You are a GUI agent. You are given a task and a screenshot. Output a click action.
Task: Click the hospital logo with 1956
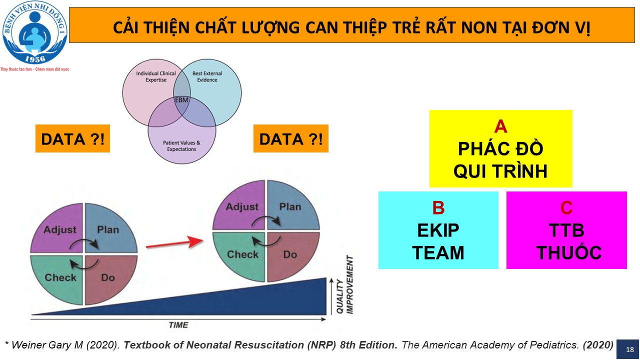(35, 32)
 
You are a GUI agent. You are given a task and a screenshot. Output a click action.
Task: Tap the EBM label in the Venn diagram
(181, 100)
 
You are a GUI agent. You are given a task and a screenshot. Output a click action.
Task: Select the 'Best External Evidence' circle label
(207, 76)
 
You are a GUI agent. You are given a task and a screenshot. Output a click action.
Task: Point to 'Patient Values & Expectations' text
(181, 145)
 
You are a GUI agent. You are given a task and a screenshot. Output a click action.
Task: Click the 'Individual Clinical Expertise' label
(156, 76)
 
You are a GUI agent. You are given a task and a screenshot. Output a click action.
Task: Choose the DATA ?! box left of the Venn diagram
(72, 138)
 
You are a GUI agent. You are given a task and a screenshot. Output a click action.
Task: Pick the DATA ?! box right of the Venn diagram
(291, 138)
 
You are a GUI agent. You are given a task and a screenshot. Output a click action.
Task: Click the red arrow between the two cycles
(174, 243)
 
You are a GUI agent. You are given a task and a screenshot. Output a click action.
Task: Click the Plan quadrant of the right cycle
(293, 205)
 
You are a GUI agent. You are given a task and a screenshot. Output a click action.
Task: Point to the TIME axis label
(178, 325)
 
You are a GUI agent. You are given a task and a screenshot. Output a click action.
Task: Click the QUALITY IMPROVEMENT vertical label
(345, 285)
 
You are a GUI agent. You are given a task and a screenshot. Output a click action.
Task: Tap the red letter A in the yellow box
(500, 126)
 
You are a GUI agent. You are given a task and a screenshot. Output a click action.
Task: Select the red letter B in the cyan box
(438, 207)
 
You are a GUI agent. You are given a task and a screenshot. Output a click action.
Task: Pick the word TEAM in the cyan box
(438, 253)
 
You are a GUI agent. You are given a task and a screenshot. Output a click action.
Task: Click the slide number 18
(629, 349)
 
